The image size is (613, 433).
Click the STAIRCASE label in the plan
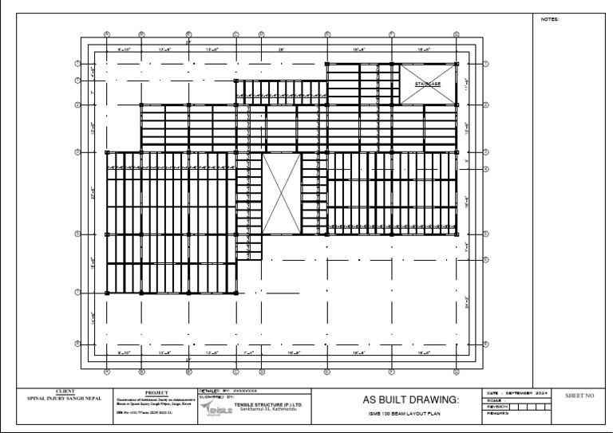pyautogui.click(x=427, y=84)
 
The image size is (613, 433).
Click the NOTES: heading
pyautogui.click(x=550, y=19)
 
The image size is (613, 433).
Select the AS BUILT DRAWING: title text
pyautogui.click(x=411, y=399)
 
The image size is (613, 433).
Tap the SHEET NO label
pyautogui.click(x=579, y=396)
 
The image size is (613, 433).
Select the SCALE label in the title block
pyautogui.click(x=495, y=400)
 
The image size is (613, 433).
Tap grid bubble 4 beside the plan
pyautogui.click(x=485, y=169)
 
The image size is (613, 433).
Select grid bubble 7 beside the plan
pyautogui.click(x=77, y=293)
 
